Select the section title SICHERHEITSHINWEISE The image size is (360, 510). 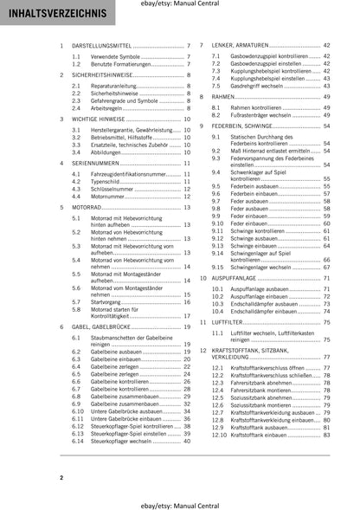pos(100,75)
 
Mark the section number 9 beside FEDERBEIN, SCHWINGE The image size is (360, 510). pos(202,126)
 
